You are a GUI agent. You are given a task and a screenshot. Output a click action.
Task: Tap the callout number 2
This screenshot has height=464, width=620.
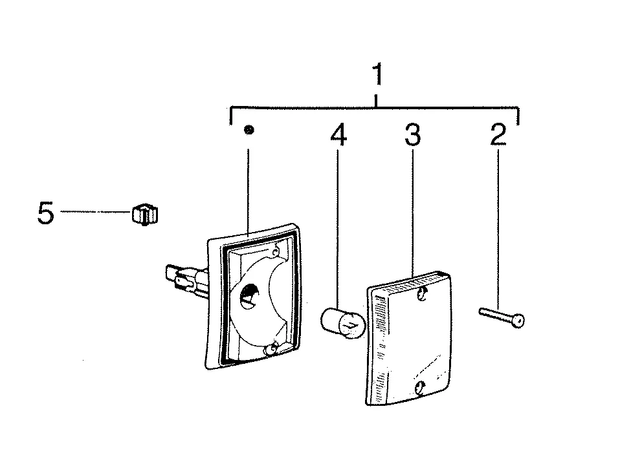[498, 134]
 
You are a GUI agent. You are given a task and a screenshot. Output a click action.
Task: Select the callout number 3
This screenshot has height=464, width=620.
[413, 134]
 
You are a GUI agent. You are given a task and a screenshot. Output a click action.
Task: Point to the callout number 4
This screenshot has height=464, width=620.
[338, 134]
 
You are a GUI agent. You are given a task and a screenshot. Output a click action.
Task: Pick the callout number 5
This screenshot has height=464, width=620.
[46, 213]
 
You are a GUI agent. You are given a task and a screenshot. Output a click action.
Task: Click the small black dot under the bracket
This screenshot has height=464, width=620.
[249, 129]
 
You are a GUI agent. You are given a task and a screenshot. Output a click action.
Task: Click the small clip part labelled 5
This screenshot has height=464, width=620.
[145, 215]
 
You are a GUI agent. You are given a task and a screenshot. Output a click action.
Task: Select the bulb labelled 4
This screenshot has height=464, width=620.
[342, 324]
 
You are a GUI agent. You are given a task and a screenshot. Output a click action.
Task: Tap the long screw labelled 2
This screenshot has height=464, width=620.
[502, 317]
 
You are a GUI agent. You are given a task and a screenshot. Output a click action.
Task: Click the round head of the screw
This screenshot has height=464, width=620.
[518, 321]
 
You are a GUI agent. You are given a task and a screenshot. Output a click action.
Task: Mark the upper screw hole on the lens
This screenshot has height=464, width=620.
[423, 293]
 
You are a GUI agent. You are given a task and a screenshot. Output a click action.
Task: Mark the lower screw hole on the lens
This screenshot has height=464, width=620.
[420, 388]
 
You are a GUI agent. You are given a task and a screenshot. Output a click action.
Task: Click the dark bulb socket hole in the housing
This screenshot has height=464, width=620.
[249, 295]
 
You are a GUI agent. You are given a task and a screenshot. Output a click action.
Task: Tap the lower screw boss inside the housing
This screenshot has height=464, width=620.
[272, 349]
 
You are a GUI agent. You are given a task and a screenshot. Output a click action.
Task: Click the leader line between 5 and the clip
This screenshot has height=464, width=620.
[96, 212]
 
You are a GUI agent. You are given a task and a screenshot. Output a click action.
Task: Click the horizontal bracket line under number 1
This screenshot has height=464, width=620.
[375, 107]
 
